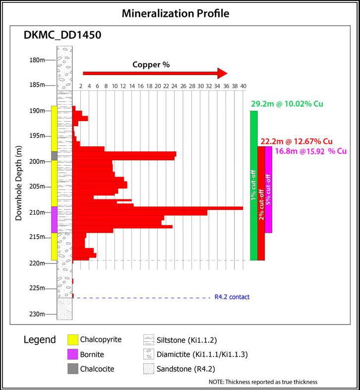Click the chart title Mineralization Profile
[x=180, y=13]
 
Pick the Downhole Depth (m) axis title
[x=19, y=183]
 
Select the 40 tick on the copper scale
[x=243, y=86]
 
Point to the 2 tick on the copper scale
[x=81, y=86]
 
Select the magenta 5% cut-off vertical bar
[x=268, y=190]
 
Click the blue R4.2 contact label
[x=232, y=297]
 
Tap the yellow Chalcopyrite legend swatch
[x=74, y=340]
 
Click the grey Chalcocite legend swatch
[x=74, y=369]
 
